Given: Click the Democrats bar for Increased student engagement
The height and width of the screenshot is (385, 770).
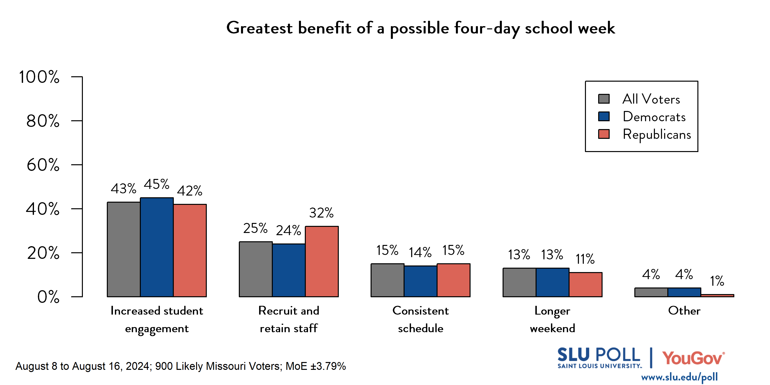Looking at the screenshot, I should click(x=157, y=247).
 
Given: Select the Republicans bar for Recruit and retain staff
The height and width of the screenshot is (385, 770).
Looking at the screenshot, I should click(x=322, y=262).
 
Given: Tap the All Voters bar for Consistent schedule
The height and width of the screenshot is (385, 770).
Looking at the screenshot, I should click(x=387, y=280).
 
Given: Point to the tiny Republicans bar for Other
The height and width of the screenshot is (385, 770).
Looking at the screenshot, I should click(x=717, y=295).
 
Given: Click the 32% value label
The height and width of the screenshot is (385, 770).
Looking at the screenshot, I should click(x=321, y=213).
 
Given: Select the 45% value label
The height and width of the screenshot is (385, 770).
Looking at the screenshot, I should click(x=157, y=184).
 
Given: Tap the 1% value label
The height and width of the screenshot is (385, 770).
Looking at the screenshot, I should click(x=717, y=281).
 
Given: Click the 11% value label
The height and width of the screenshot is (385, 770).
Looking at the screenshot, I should click(x=585, y=259).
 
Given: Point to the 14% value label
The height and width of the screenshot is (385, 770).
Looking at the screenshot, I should click(x=420, y=253).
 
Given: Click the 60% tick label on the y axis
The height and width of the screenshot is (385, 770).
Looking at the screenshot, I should click(x=43, y=165).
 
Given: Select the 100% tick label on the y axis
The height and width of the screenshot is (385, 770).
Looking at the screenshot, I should click(x=39, y=77).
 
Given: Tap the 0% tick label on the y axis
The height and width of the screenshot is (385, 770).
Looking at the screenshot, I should click(x=48, y=297).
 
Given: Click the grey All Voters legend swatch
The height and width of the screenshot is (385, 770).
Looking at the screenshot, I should click(x=604, y=99).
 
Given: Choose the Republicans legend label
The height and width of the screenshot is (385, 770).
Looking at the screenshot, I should click(x=657, y=134).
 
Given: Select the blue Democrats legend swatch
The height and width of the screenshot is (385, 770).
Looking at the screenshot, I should click(x=604, y=117).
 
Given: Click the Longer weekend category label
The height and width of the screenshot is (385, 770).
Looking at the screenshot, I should click(x=552, y=319).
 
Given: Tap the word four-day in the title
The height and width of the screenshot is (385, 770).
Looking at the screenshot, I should click(x=487, y=28).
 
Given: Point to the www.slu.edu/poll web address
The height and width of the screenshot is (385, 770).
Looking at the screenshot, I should click(x=679, y=377).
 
